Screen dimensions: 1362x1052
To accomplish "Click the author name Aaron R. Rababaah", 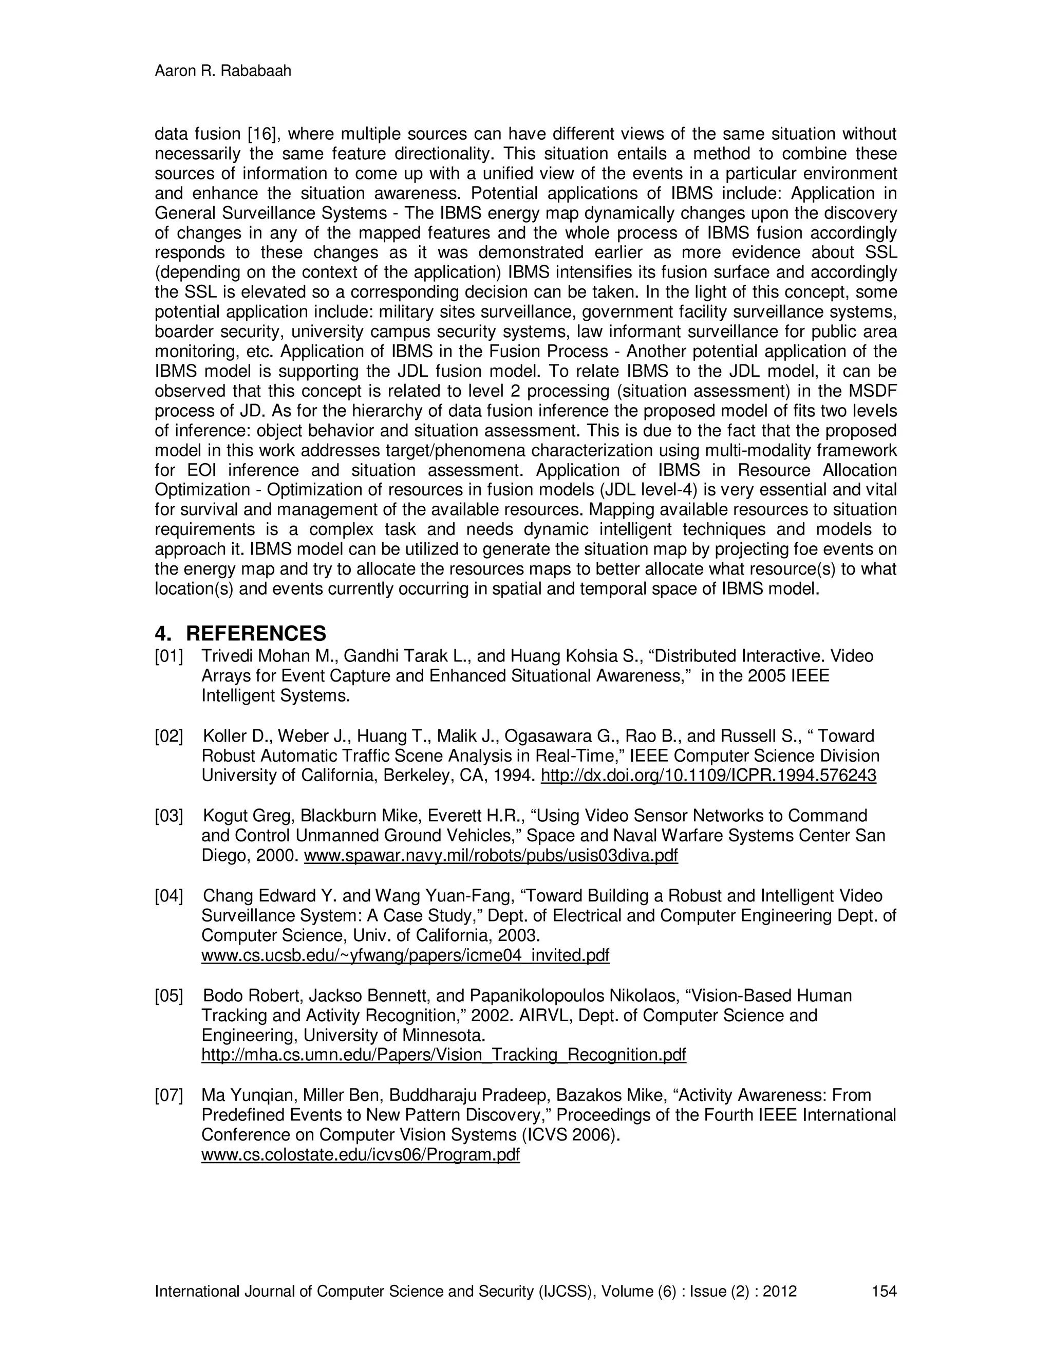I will tap(222, 71).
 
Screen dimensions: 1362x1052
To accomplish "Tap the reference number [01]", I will tap(169, 656).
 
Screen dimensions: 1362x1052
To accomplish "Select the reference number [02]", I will tap(169, 736).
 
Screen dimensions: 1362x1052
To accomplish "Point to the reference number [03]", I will tap(169, 816).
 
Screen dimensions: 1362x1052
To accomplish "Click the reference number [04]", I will tap(169, 895).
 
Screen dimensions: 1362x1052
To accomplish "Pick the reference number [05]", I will tap(169, 996).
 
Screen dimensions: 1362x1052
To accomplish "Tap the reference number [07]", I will tap(169, 1095).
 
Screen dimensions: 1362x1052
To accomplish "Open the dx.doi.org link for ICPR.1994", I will tap(708, 776).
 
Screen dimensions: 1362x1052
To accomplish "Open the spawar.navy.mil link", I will tap(491, 856).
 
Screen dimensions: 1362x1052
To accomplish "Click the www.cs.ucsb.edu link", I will tap(405, 955).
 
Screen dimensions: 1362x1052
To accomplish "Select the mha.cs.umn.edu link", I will tap(443, 1055).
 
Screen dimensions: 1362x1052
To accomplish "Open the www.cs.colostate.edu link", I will tap(360, 1155).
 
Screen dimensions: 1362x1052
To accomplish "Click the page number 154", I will tap(884, 1291).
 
